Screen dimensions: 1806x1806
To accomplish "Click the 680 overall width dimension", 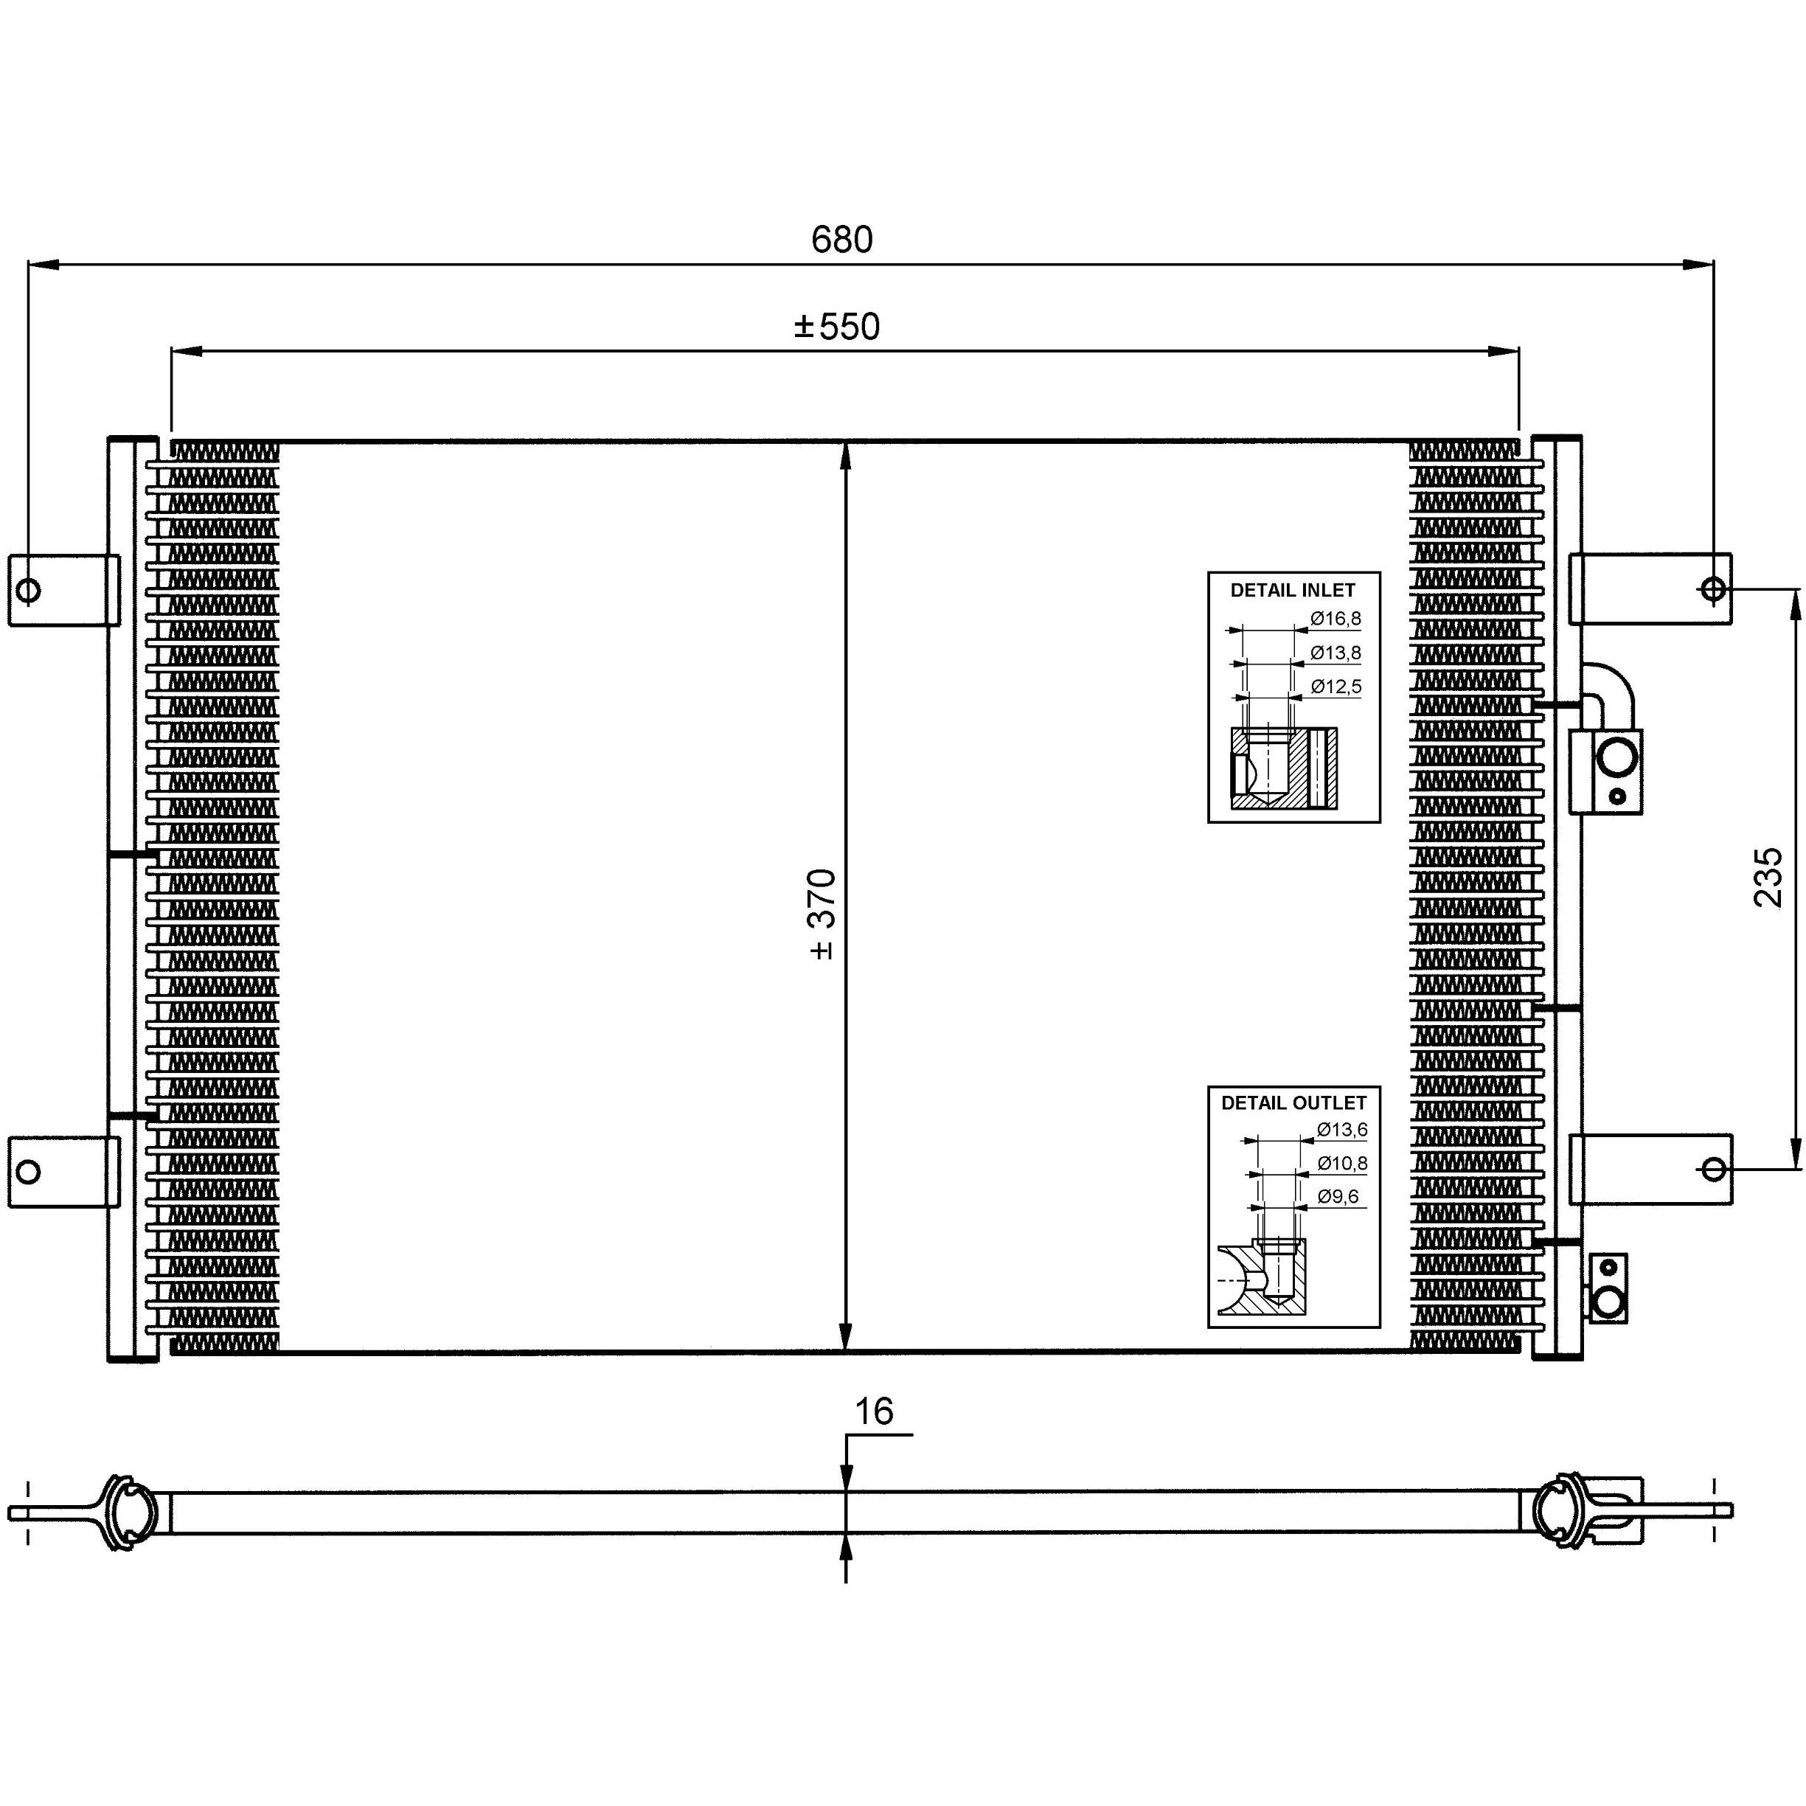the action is (x=841, y=240).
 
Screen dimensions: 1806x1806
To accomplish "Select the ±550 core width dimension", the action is (x=837, y=327).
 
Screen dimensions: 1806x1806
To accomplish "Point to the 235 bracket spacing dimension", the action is (x=1768, y=877).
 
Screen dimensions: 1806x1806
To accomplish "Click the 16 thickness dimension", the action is (x=874, y=1411).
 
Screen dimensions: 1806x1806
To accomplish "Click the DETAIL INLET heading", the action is (x=1293, y=591).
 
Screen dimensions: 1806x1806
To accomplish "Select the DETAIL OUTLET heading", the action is (x=1293, y=1103).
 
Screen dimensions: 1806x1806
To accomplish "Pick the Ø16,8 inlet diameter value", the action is (x=1336, y=619).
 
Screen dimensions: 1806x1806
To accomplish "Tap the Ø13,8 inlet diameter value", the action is (x=1336, y=653).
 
